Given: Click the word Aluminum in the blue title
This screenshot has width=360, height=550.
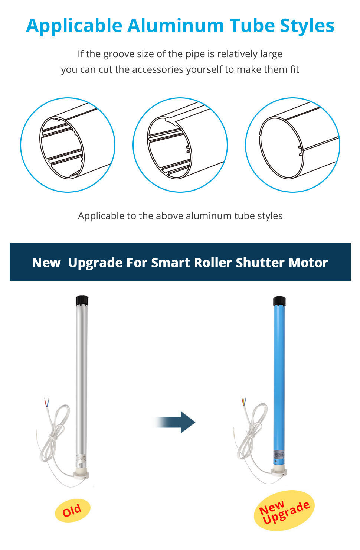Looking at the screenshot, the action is pos(176,26).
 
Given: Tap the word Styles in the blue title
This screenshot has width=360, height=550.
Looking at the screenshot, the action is pos(307,26).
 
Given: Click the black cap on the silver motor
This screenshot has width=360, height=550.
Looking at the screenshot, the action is pos(82,300).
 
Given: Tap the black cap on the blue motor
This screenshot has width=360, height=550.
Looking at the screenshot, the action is pos(279,301).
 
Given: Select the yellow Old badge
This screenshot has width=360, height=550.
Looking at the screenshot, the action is pos(72,510).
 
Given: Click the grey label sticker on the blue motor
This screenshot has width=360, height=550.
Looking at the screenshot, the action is pos(279,454).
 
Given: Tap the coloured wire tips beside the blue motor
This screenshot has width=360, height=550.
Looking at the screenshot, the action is pos(244,401).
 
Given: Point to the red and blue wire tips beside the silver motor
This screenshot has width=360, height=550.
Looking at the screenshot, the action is pos(47,402).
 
